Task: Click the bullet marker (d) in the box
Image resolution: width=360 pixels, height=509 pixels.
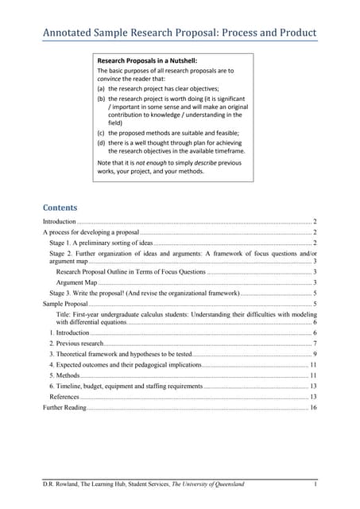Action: [x=101, y=142]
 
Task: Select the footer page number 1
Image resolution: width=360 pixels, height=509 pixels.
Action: [x=315, y=484]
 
